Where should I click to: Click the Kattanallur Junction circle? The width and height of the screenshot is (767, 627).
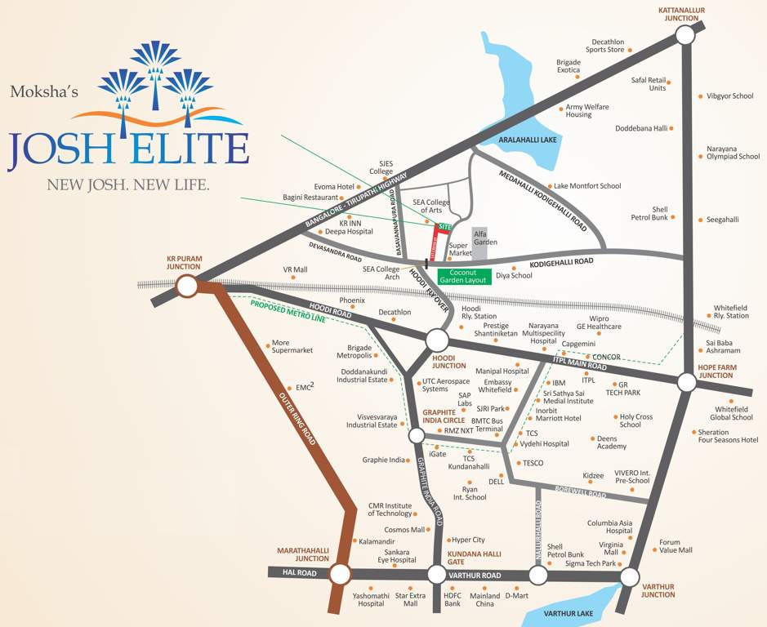point(685,35)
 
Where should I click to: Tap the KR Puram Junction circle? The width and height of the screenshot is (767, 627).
point(186,286)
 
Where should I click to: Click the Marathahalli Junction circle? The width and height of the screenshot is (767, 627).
point(341,574)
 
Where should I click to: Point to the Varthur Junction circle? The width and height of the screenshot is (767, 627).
point(629,577)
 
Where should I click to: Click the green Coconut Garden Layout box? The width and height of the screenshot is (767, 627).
point(464,276)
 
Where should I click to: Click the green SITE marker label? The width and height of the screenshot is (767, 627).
point(444,226)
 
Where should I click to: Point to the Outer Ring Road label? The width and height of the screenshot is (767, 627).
point(305,416)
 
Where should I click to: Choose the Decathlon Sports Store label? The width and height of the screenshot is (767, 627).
point(605,46)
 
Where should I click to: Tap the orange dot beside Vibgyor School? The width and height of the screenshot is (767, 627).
point(700,96)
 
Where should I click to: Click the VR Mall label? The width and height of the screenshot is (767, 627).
point(295,269)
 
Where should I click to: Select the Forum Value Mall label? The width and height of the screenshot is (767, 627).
point(676,546)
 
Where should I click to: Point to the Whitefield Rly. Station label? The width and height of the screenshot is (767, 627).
point(731,311)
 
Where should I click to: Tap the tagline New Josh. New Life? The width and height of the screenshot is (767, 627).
point(128,185)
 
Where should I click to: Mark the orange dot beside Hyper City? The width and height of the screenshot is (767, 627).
point(448,540)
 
